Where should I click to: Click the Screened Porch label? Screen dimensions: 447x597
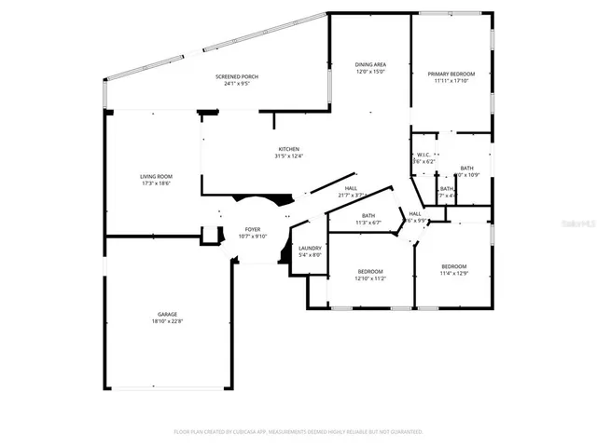[237, 76]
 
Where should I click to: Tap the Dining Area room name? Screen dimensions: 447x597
[370, 64]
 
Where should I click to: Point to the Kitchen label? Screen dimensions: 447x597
[287, 149]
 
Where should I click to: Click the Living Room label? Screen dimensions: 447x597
[157, 176]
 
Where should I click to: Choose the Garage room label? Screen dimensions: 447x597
[167, 314]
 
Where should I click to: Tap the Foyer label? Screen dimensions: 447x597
[253, 229]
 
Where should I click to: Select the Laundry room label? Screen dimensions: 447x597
[310, 248]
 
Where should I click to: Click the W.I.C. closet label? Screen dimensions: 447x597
[423, 155]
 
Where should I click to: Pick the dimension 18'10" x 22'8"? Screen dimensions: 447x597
[167, 321]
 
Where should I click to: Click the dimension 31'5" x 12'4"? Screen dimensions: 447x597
[287, 156]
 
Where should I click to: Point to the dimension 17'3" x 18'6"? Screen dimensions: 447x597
[157, 183]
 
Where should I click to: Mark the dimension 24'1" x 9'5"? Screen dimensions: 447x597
[237, 84]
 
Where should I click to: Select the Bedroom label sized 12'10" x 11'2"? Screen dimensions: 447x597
[370, 271]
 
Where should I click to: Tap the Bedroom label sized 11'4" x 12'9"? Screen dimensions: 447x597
[454, 266]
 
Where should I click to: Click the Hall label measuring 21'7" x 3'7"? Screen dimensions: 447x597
[351, 187]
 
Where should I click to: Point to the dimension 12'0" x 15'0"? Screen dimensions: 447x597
[370, 72]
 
